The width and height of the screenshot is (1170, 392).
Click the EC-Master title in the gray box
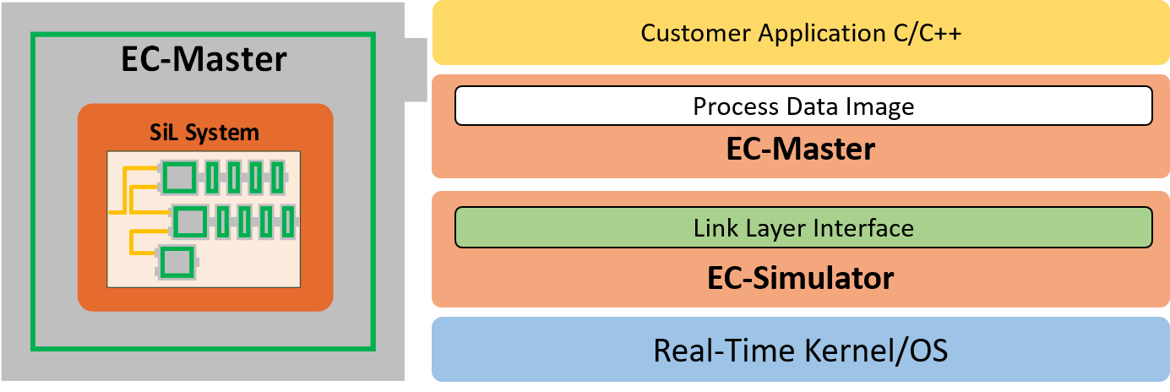[x=204, y=60]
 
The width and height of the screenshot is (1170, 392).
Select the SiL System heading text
[x=205, y=133]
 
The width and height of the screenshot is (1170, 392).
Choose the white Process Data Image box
[x=803, y=106]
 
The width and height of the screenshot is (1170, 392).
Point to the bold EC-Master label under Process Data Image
[x=800, y=150]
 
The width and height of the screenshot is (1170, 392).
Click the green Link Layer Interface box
[x=803, y=228]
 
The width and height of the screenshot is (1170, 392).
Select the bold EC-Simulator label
[x=800, y=277]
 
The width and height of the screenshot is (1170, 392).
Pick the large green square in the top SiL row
[x=179, y=178]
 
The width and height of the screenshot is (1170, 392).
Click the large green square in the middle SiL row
[x=190, y=221]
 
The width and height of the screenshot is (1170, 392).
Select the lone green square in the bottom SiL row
[x=176, y=263]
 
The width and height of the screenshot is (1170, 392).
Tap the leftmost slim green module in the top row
[x=211, y=178]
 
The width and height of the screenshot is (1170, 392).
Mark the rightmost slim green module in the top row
[x=276, y=178]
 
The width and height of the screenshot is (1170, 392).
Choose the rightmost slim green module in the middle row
[x=287, y=221]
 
